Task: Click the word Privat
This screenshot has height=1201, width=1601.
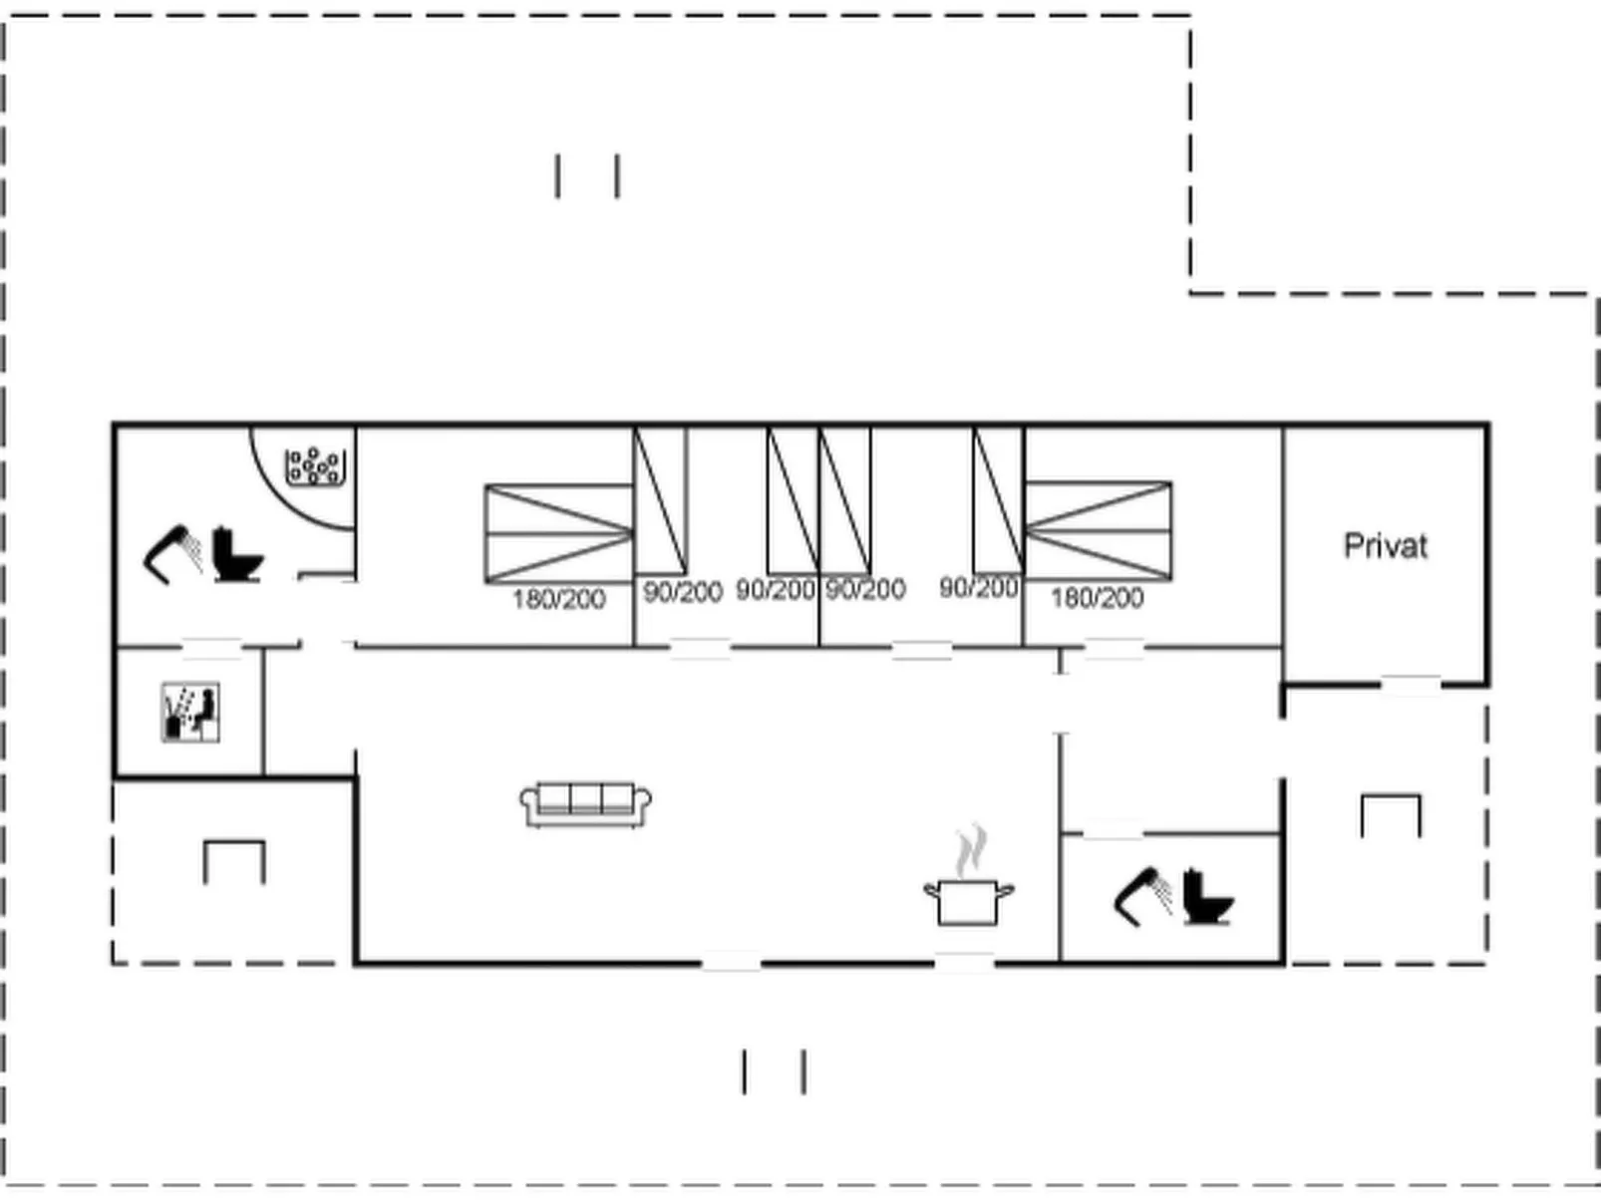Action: [1385, 546]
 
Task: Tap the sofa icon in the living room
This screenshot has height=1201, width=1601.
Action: [586, 804]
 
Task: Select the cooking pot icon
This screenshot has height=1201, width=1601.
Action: [968, 901]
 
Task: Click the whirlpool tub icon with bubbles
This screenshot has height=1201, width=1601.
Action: [315, 466]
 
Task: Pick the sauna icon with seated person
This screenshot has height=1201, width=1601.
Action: [190, 712]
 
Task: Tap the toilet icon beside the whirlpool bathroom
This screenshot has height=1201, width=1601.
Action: [237, 555]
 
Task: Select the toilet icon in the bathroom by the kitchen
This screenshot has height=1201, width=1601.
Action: [1208, 897]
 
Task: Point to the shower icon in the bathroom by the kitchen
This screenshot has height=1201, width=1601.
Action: [1142, 895]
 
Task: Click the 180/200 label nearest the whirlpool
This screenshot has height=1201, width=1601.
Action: [558, 599]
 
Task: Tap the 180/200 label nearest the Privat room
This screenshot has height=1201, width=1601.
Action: [1097, 598]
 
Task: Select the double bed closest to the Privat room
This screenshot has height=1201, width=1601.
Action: [1098, 530]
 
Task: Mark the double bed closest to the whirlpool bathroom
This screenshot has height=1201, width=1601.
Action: [558, 533]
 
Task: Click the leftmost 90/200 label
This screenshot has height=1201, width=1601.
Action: [682, 592]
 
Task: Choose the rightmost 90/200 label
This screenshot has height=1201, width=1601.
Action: [978, 588]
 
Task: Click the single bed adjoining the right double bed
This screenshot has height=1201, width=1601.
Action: [998, 500]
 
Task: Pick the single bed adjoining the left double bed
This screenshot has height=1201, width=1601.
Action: [660, 500]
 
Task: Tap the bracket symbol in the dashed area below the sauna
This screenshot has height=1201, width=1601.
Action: [234, 861]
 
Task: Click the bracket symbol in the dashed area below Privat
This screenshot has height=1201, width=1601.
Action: [1391, 814]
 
